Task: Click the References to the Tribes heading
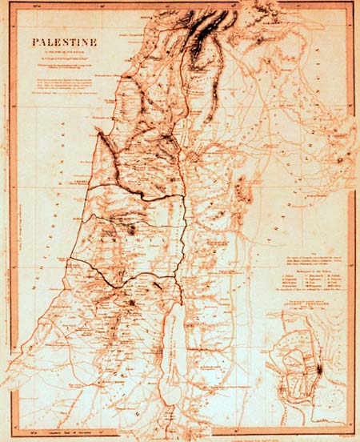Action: (309, 271)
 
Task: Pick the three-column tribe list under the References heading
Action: (309, 284)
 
